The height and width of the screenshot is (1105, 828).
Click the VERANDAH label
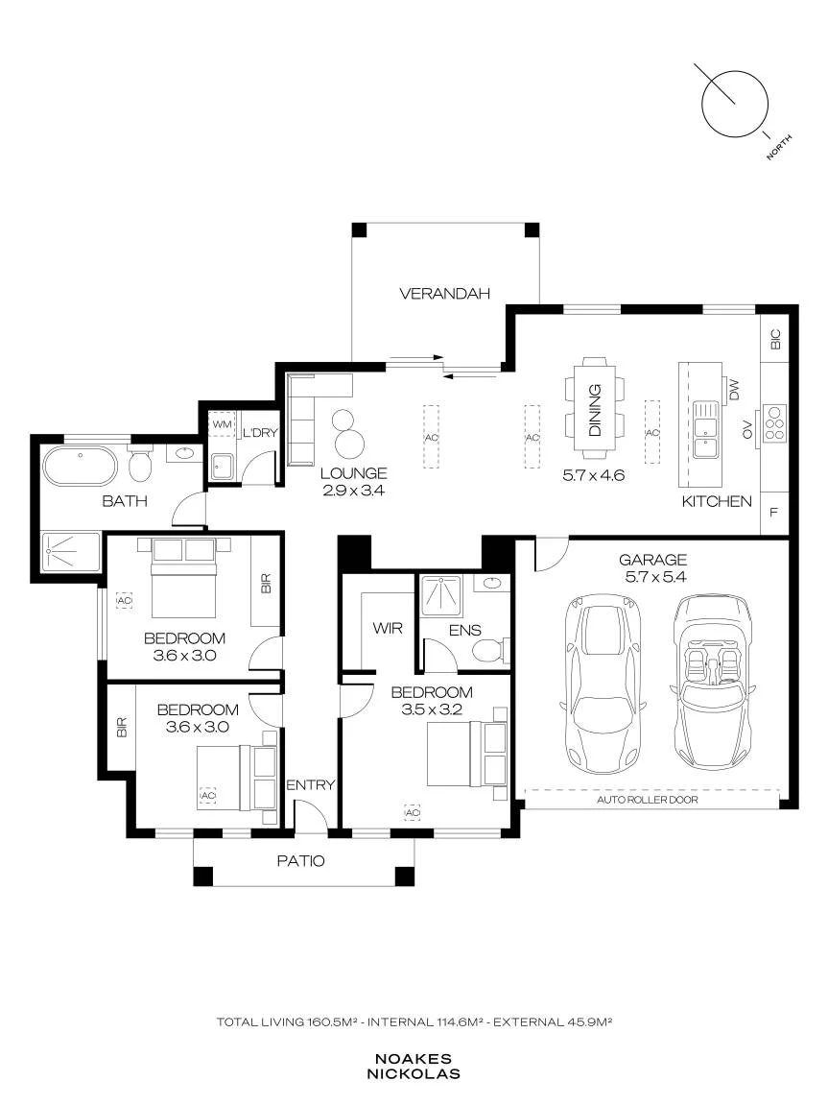click(x=444, y=293)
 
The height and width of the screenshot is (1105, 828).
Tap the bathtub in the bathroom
click(x=81, y=465)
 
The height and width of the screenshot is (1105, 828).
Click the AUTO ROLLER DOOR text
click(x=647, y=800)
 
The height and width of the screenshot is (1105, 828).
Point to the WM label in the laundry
click(x=222, y=425)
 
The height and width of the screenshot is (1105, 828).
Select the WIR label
click(x=388, y=628)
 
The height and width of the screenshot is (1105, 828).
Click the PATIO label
click(x=300, y=860)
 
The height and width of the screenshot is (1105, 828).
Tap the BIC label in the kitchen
click(x=775, y=340)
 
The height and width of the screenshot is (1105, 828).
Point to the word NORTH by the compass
click(x=779, y=147)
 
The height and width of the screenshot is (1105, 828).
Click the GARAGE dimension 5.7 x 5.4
click(x=652, y=576)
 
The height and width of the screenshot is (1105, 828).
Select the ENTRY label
click(x=311, y=785)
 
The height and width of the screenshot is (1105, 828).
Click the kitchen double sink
click(x=704, y=430)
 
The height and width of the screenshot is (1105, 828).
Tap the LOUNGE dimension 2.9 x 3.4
click(x=353, y=491)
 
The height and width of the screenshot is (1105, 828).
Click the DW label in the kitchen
click(x=734, y=390)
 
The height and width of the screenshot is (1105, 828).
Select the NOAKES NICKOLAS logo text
click(x=414, y=1067)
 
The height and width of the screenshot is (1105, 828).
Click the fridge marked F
click(x=774, y=513)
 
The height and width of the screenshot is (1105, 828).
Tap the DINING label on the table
click(x=594, y=410)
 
